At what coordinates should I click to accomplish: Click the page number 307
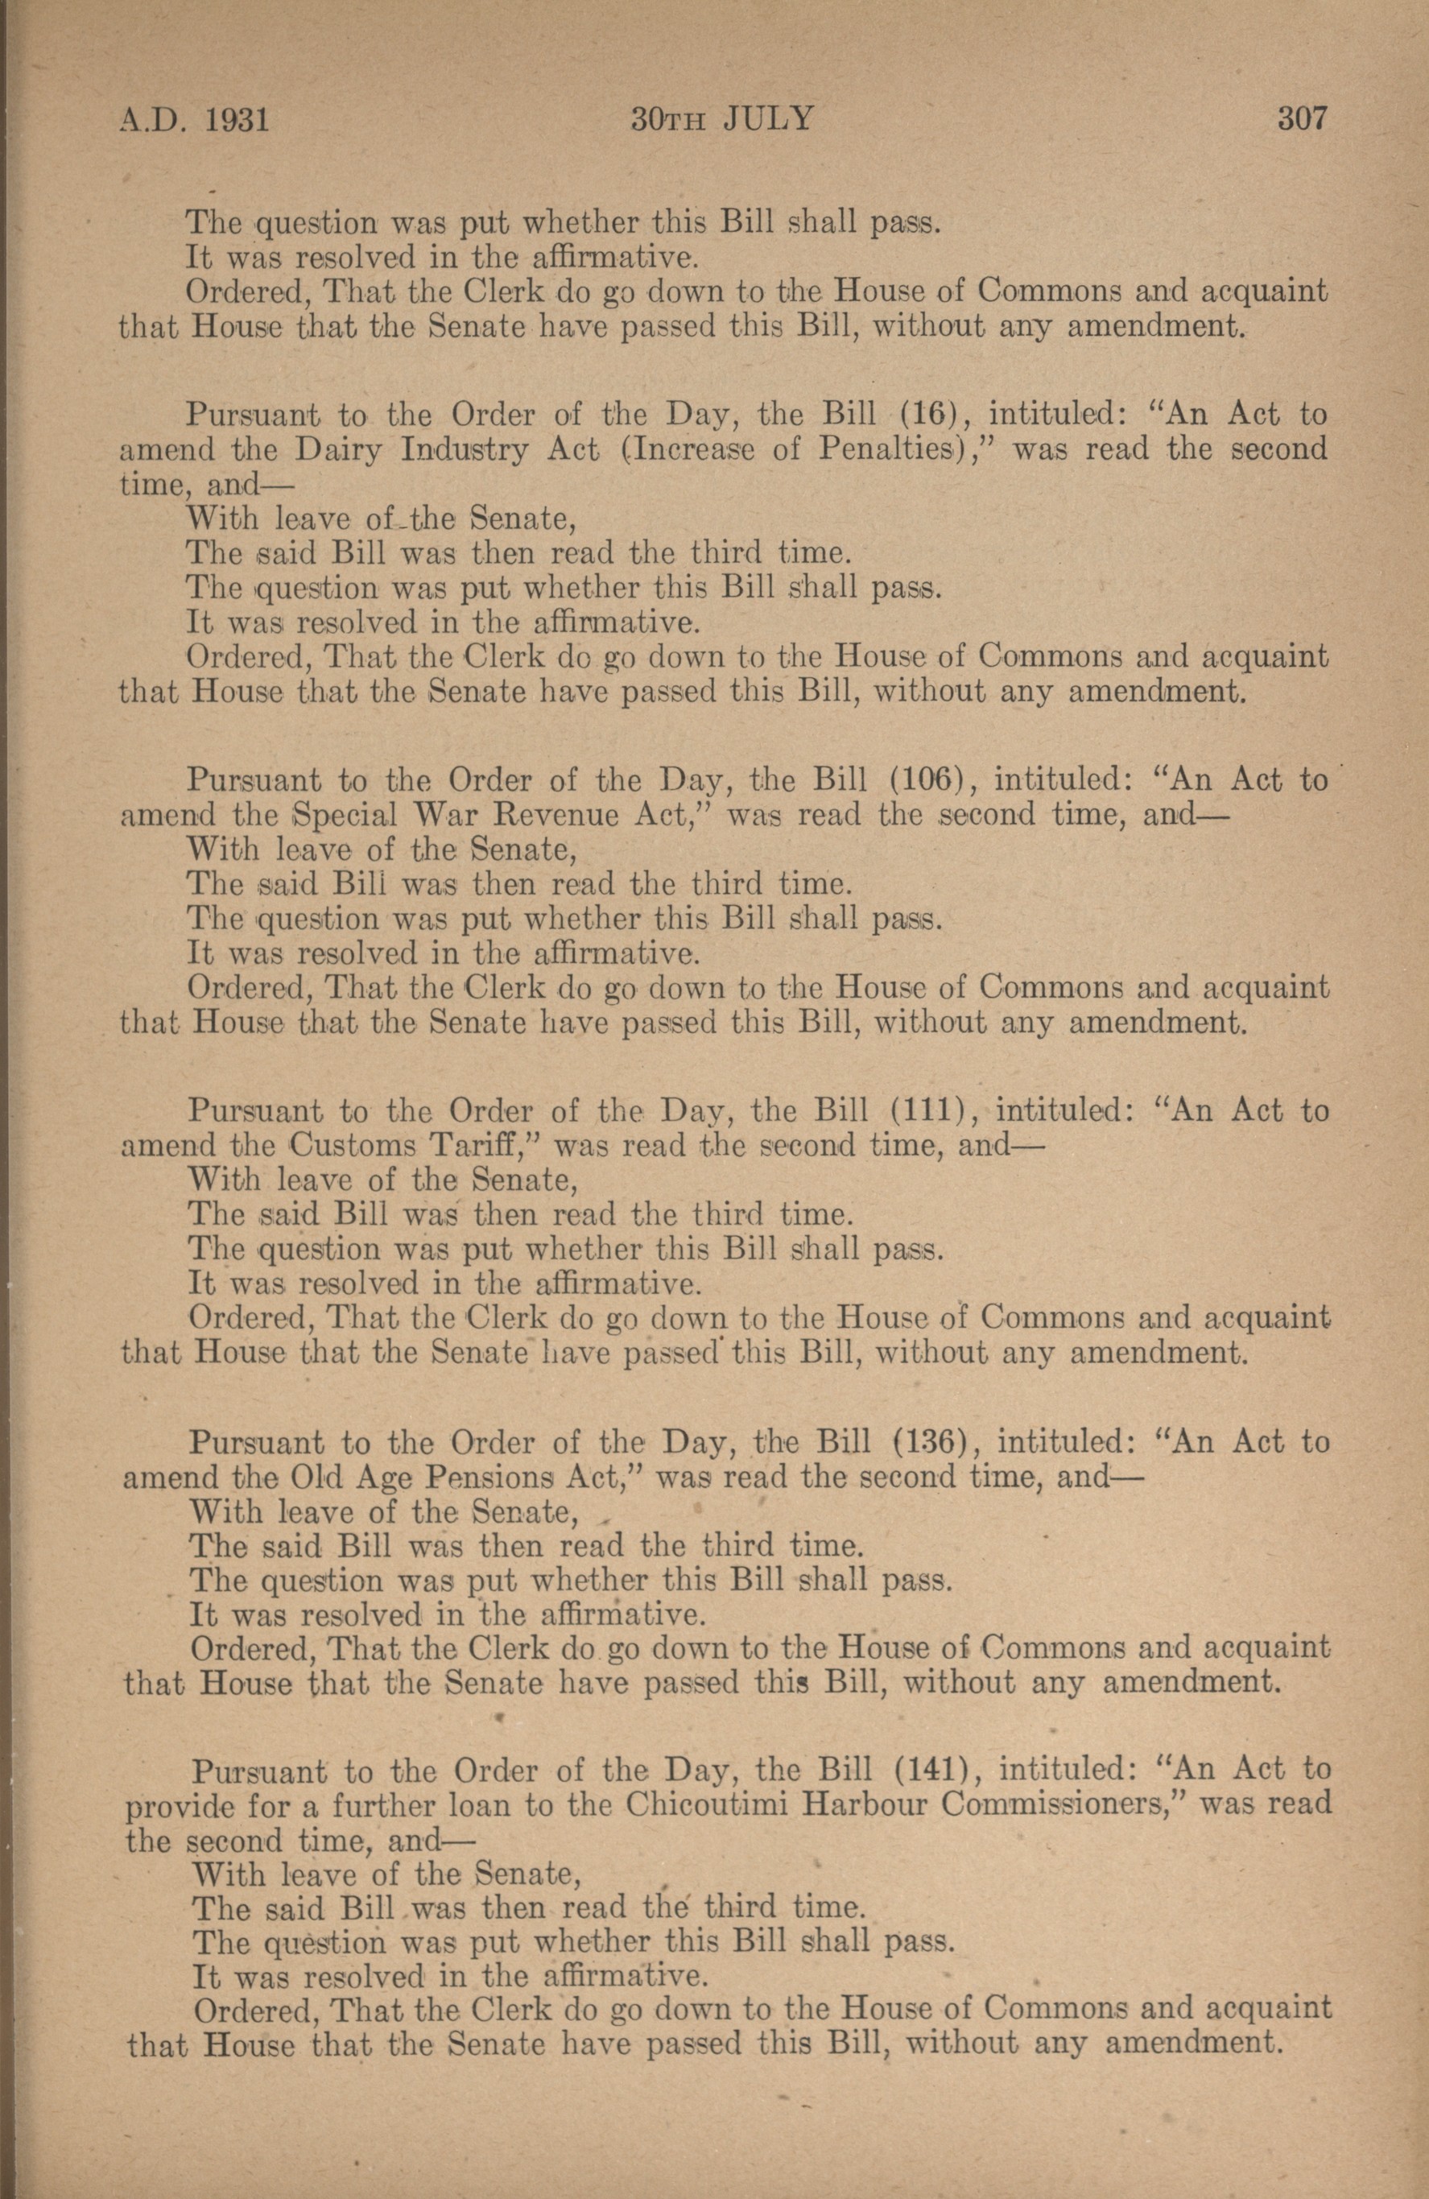click(x=1302, y=119)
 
